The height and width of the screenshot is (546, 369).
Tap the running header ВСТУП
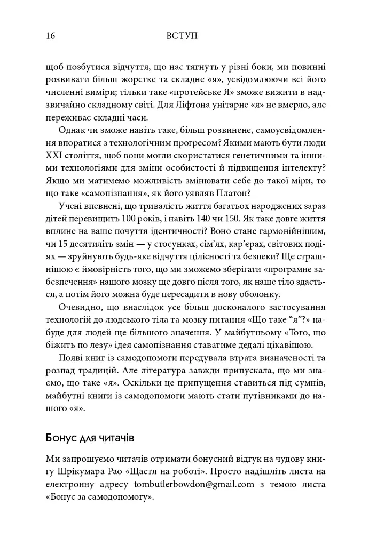(x=182, y=36)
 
